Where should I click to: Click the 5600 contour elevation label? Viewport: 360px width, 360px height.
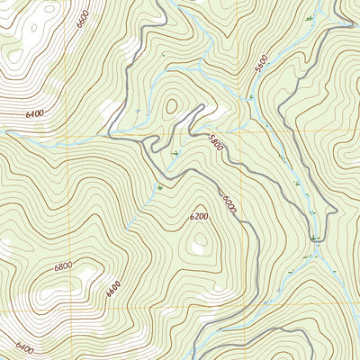tap(261, 64)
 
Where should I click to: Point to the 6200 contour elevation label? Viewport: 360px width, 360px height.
tap(199, 216)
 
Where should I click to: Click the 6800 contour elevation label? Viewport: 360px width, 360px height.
tap(63, 267)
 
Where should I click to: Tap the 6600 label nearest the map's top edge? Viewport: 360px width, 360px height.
tap(84, 17)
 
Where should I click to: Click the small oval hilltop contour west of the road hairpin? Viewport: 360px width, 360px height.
tap(170, 106)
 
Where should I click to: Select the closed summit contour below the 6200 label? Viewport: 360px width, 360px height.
tap(200, 241)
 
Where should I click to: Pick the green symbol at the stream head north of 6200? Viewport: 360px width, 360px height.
tap(159, 187)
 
